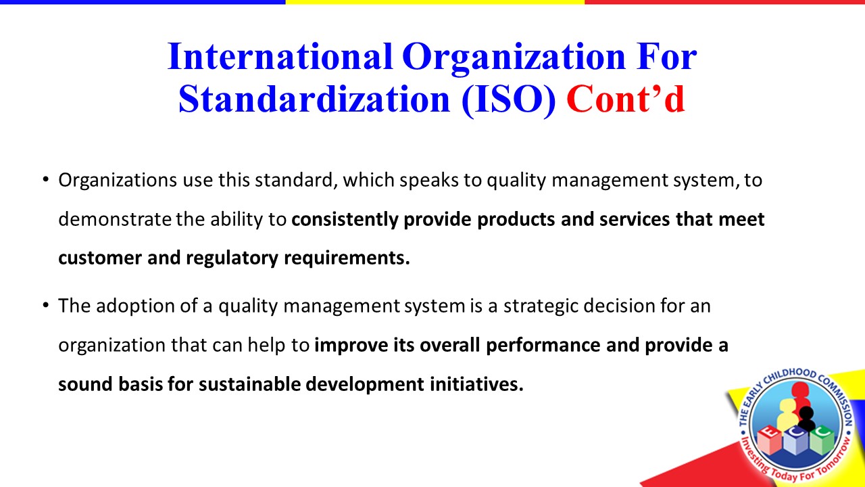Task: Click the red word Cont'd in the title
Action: pos(626,99)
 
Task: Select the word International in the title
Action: pos(280,56)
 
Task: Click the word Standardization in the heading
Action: pos(314,99)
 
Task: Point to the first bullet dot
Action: pos(46,180)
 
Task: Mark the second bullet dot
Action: pos(46,305)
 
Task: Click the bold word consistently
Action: pos(345,220)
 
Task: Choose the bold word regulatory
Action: pos(232,258)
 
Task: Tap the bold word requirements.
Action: pos(347,258)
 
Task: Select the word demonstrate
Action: pos(115,220)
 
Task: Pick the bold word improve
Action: pos(351,346)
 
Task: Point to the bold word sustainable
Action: pos(249,384)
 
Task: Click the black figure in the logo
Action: pos(806,417)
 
